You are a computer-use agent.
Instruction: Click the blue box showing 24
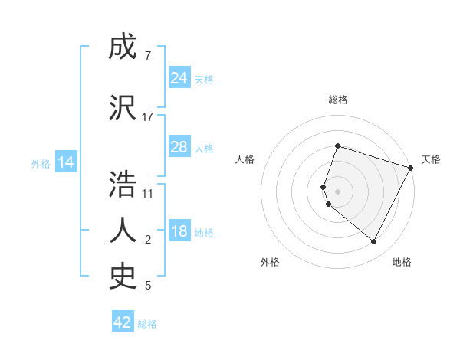(179, 78)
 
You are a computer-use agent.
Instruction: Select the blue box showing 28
(179, 147)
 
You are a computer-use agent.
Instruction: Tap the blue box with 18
(179, 232)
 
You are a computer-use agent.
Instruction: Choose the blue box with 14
(65, 162)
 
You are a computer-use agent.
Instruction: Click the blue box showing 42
(123, 322)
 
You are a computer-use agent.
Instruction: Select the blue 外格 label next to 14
(41, 163)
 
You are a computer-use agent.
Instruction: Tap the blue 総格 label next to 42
(147, 324)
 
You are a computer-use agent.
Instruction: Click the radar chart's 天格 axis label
(431, 159)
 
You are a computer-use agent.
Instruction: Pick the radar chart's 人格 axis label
(245, 159)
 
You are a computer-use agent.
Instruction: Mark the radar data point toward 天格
(411, 168)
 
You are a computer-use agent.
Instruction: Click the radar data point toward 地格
(374, 242)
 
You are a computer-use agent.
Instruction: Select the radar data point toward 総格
(337, 146)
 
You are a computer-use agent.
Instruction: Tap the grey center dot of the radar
(337, 191)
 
